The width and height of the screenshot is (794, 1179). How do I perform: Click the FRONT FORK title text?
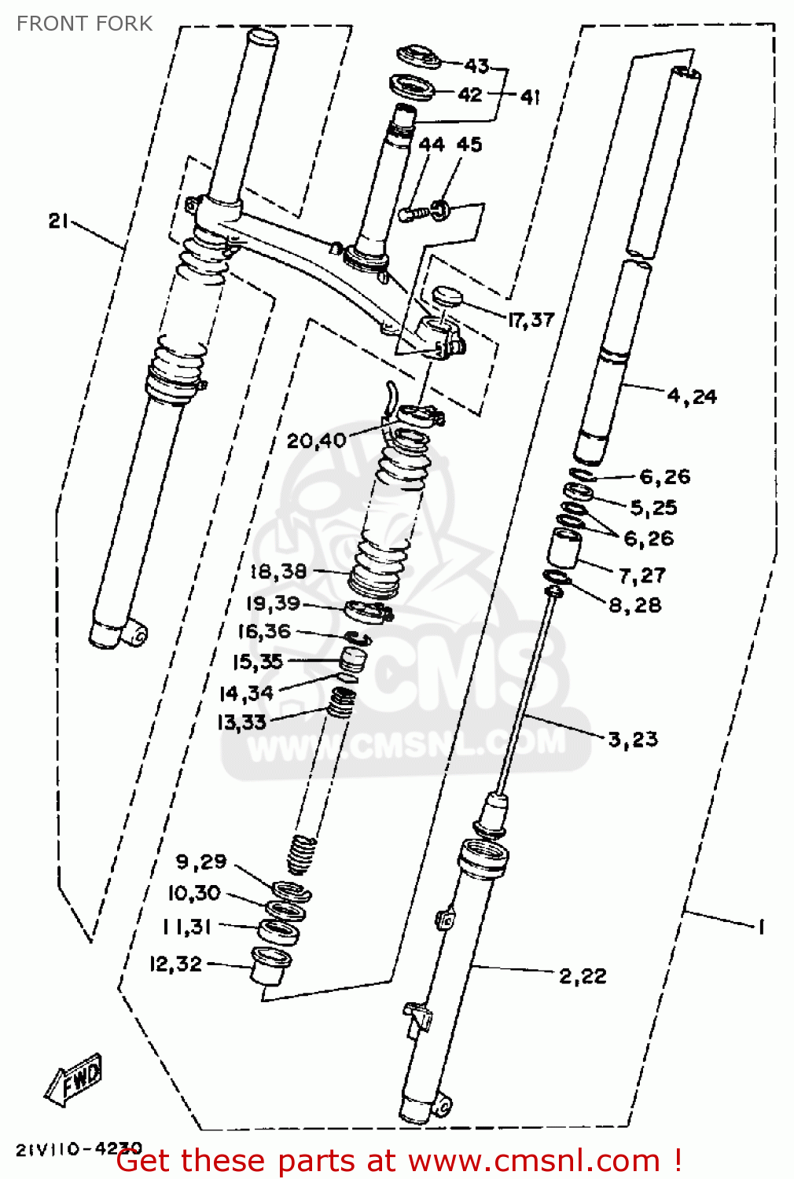click(84, 24)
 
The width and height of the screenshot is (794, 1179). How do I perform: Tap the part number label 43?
click(476, 65)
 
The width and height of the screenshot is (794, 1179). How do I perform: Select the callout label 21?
click(59, 221)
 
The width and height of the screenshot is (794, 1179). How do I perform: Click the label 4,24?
click(692, 396)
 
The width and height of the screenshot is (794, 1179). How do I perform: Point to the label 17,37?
click(531, 319)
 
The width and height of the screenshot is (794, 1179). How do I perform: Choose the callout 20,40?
click(316, 440)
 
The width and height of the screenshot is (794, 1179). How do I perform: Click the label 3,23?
click(633, 739)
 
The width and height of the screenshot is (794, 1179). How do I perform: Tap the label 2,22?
click(583, 976)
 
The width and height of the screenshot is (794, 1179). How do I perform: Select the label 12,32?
click(175, 964)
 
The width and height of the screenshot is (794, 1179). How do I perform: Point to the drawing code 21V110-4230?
click(79, 1148)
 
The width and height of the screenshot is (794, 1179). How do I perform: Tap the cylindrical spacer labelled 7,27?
click(564, 548)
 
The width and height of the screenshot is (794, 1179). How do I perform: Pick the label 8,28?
click(634, 605)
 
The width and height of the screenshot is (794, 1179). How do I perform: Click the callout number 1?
click(760, 927)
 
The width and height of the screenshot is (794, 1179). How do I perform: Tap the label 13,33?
click(241, 722)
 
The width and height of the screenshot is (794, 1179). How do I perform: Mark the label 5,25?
click(653, 508)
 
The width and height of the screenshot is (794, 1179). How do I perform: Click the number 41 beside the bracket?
click(530, 97)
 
